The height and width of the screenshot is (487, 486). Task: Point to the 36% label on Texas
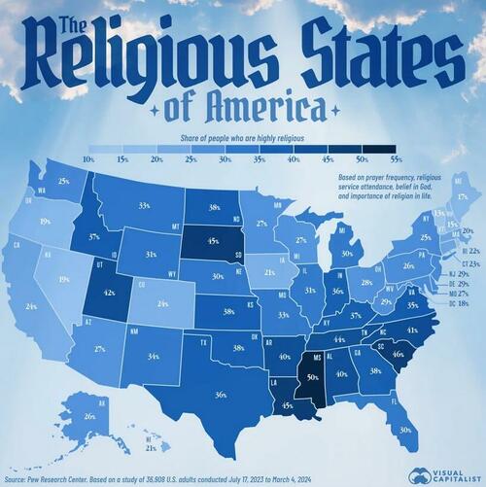tap(221, 394)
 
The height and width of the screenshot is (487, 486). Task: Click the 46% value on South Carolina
tap(398, 356)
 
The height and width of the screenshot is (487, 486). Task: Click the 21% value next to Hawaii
tap(151, 448)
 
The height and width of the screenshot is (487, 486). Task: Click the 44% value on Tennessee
tap(339, 339)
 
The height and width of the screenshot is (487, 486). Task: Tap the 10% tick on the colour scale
tap(88, 157)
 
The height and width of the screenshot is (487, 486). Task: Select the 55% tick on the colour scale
tap(396, 157)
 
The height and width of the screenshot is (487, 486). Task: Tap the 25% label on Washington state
tap(63, 181)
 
